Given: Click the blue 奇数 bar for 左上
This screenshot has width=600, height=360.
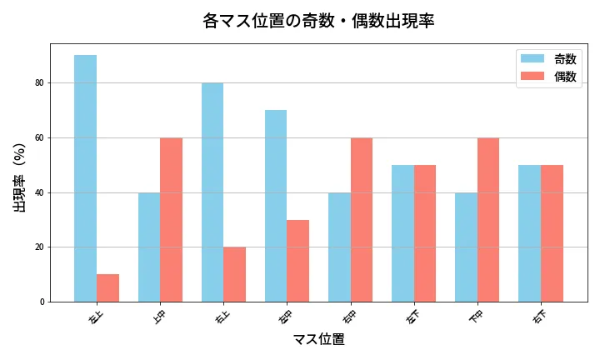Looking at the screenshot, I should tap(86, 178).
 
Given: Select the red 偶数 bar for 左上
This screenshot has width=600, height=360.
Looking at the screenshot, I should tap(107, 287).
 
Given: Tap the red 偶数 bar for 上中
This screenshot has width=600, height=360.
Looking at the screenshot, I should tap(171, 219).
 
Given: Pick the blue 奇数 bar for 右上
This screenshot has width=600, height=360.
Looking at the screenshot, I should tap(212, 192).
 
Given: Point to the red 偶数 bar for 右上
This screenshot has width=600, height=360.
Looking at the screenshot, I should tap(234, 274).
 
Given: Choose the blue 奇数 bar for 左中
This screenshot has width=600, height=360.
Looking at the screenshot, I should tap(276, 206).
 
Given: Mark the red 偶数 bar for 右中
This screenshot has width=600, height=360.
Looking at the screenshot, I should tap(361, 219).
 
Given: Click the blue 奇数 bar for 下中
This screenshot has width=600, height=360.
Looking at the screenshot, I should tap(466, 247).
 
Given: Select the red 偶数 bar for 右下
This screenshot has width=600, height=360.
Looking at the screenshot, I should tap(552, 233).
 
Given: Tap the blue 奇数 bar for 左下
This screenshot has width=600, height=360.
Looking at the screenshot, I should tap(402, 233).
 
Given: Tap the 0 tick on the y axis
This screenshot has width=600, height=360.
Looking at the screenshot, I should tap(41, 302).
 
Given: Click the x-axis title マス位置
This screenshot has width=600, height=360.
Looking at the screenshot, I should tap(318, 340).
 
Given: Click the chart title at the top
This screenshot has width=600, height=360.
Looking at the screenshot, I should tap(318, 21).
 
